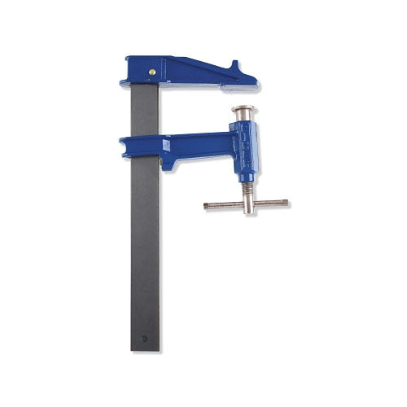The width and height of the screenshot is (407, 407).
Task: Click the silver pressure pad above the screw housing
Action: coord(245,112)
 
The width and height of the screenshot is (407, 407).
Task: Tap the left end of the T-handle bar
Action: coord(207,205)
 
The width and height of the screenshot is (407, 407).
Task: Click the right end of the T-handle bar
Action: coord(289,203)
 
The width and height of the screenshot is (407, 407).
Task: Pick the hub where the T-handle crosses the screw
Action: coord(245,203)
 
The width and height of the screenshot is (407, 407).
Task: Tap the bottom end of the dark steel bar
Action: coord(146,348)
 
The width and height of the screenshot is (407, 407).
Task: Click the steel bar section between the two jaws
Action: coord(145,110)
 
